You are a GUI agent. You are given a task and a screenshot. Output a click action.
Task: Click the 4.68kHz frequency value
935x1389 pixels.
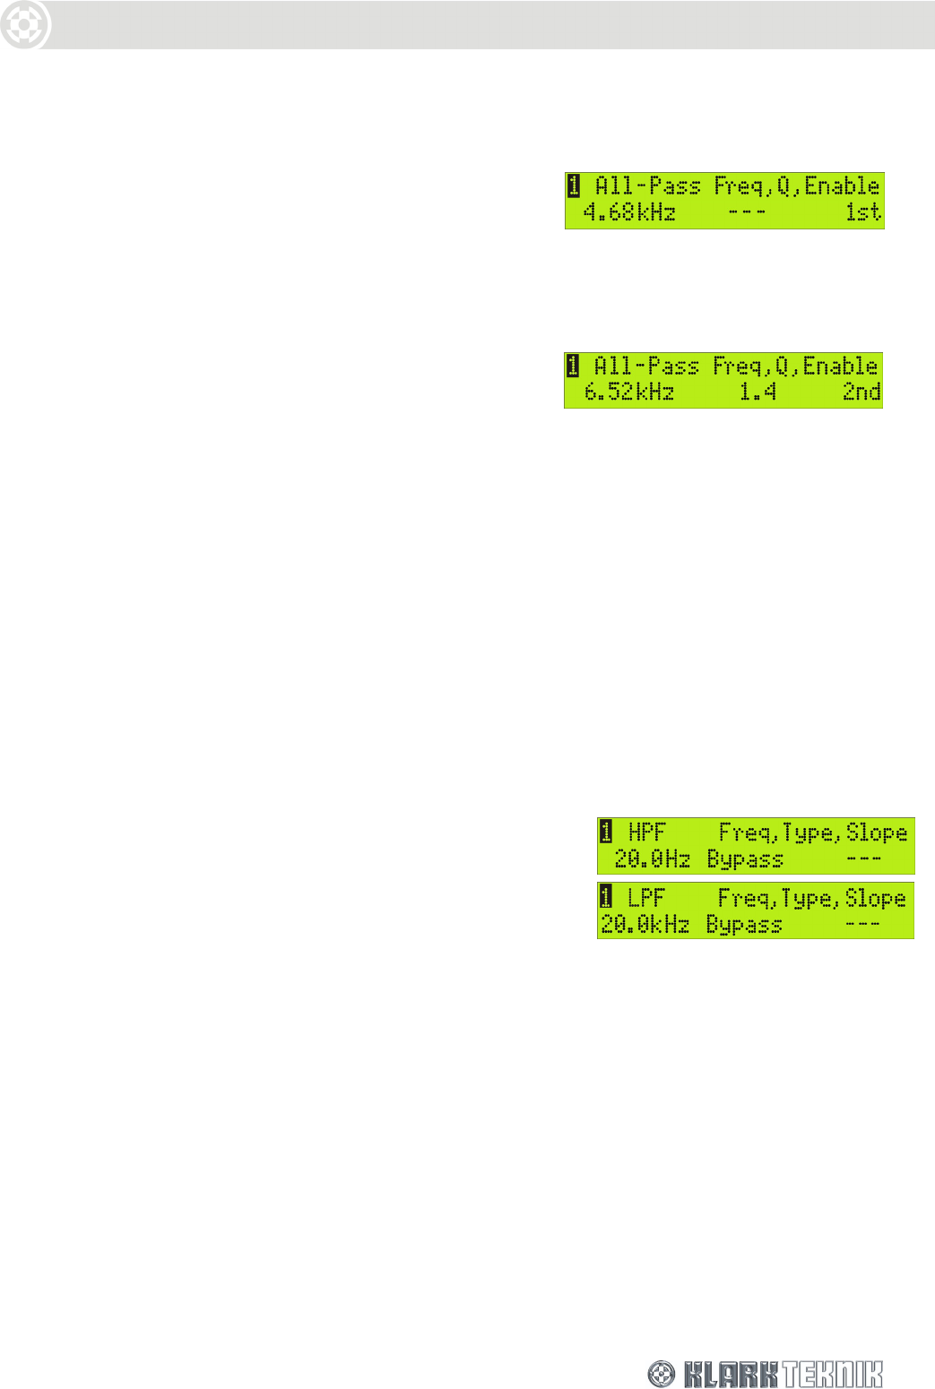(x=629, y=213)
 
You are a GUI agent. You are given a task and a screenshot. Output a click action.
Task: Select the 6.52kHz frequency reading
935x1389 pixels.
(x=629, y=393)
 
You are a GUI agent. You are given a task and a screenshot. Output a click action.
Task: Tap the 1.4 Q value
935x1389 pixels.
(x=758, y=393)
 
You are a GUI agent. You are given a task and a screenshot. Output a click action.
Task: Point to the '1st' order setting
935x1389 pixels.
(x=863, y=213)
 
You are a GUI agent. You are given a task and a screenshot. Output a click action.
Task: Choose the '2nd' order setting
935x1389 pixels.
(x=861, y=393)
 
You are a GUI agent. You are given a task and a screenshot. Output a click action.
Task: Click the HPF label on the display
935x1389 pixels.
(x=646, y=833)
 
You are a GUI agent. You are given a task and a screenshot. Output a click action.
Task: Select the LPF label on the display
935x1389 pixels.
(x=645, y=898)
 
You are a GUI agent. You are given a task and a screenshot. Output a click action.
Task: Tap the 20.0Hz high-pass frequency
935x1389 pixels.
(x=652, y=859)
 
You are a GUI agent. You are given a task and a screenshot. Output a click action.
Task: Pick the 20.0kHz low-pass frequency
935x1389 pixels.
(x=645, y=925)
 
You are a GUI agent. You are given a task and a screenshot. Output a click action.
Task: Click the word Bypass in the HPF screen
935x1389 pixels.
(x=745, y=859)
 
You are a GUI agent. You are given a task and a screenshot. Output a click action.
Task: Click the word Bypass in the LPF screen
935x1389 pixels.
(x=744, y=925)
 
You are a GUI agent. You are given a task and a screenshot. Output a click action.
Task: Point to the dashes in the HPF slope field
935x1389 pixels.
(x=863, y=859)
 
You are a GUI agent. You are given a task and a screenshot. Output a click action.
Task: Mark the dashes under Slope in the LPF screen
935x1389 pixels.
(x=862, y=925)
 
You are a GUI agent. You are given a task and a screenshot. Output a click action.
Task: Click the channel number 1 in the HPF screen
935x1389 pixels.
(x=606, y=832)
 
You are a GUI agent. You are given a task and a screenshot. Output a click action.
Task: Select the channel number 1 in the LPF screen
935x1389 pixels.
(x=606, y=897)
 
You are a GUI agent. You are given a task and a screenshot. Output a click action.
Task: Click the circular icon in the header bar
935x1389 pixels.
(x=24, y=25)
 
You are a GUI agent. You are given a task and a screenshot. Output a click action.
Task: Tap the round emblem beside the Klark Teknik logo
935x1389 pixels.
(x=662, y=1374)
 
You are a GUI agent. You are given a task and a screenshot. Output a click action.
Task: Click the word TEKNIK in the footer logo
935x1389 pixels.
(x=831, y=1374)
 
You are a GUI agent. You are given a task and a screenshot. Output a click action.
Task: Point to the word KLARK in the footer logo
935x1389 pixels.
(x=730, y=1374)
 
